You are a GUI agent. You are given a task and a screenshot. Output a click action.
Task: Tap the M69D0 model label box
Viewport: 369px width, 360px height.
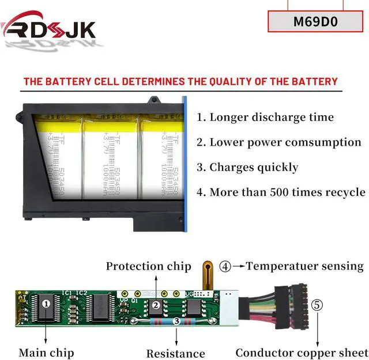(315, 22)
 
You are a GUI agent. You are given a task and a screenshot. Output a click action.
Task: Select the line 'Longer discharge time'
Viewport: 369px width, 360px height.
(265, 118)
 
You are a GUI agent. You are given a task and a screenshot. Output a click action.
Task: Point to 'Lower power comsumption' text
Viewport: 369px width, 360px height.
(279, 142)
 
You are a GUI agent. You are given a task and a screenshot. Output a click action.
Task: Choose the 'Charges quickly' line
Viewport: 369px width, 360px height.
(247, 168)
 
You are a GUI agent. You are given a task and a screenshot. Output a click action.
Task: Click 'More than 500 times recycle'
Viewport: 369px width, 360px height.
(281, 192)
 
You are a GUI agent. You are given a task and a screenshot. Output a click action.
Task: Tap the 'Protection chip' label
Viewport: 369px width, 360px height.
(148, 266)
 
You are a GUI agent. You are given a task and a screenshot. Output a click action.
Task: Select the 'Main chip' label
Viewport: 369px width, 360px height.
(46, 352)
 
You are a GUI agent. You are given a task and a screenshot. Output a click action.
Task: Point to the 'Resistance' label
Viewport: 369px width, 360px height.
(175, 353)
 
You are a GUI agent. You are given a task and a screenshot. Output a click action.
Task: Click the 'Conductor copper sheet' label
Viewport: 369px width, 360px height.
(300, 353)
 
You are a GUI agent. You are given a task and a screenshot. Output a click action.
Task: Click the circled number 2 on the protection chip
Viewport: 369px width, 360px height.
(155, 305)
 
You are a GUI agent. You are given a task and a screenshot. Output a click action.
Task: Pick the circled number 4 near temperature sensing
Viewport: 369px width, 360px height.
(225, 266)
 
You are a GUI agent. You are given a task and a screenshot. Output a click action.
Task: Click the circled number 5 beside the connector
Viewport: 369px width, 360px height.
(318, 305)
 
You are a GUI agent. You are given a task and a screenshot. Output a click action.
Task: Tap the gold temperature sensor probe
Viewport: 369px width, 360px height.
(206, 273)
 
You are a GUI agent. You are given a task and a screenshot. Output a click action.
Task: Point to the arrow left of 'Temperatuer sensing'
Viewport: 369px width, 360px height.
(239, 266)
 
